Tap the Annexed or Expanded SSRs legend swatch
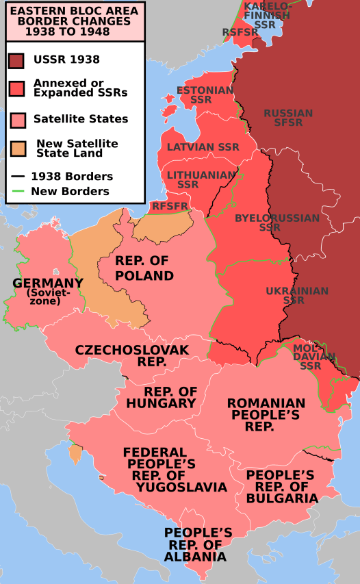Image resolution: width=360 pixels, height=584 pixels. (18, 88)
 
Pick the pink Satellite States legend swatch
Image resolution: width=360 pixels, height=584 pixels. (18, 119)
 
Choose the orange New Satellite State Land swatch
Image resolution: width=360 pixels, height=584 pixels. (18, 148)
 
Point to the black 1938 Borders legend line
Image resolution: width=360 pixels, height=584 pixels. (18, 177)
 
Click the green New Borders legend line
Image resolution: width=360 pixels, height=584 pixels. (18, 192)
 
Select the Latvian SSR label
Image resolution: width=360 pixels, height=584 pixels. (203, 147)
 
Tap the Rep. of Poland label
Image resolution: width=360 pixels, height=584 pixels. (144, 268)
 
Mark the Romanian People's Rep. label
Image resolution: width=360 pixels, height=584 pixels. (266, 414)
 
